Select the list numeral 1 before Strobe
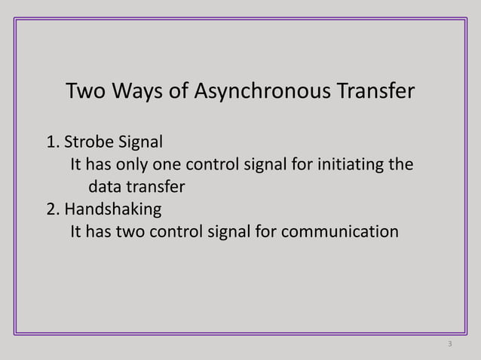point(52,142)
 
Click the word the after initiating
point(399,163)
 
